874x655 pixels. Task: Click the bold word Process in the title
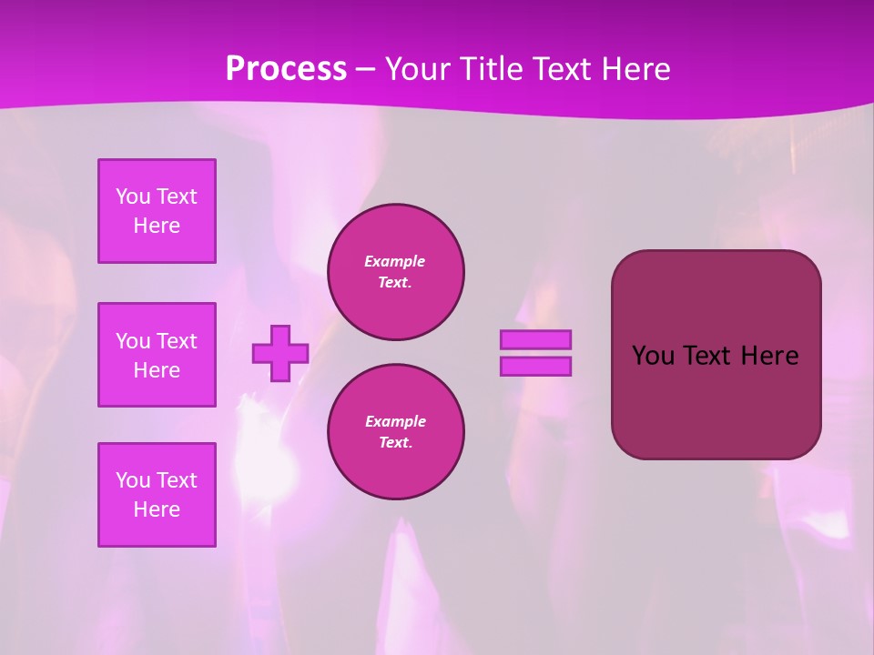[286, 69]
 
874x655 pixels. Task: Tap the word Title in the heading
[491, 69]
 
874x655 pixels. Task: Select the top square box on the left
[157, 211]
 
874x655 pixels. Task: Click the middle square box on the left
[157, 355]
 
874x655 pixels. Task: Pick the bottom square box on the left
[157, 495]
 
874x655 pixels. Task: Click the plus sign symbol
[280, 353]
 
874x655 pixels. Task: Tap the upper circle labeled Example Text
[395, 271]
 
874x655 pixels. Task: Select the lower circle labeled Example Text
[395, 432]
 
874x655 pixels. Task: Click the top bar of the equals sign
[535, 340]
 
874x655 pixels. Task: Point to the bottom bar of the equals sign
[535, 366]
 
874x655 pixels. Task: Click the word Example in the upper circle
[395, 261]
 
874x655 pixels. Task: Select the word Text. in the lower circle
[395, 443]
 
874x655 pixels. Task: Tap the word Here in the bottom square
[157, 509]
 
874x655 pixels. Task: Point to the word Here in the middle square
[157, 370]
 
